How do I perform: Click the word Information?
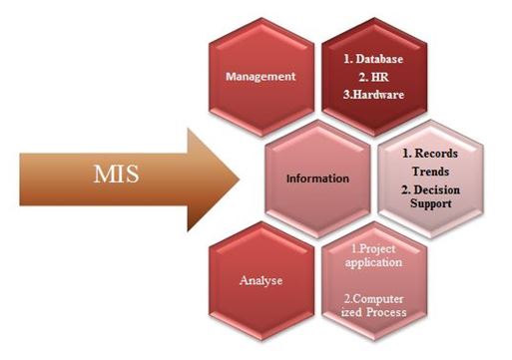pyautogui.click(x=316, y=180)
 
